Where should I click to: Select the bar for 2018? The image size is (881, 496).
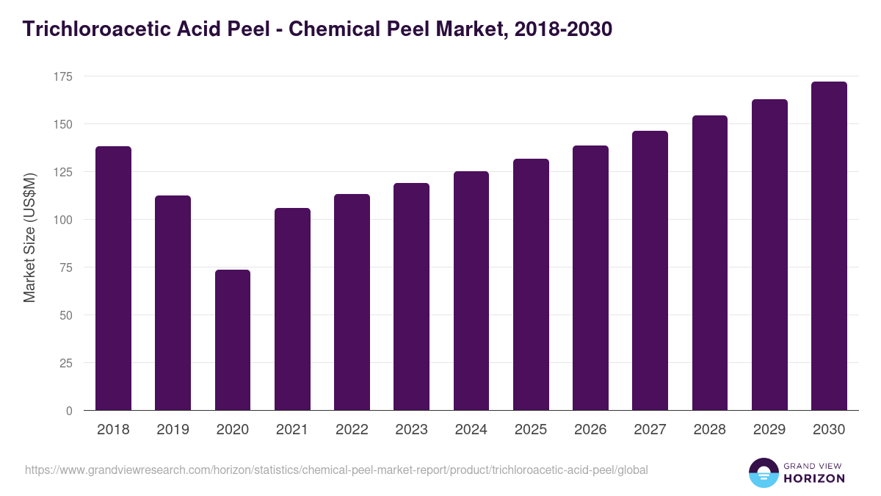coord(113,278)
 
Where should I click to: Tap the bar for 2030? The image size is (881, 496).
coord(829,246)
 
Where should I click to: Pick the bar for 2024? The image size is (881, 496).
coord(471,291)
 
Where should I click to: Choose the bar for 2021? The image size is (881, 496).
coord(292,309)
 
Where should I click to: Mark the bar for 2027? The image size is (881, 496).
coord(650,270)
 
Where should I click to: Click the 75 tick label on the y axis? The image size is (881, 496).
coord(65,267)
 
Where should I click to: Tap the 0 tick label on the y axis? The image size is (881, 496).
coord(69,411)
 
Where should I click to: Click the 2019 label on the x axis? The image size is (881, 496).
coord(173,430)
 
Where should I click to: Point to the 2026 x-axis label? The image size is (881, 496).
coord(590,430)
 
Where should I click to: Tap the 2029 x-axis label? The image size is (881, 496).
coord(769,430)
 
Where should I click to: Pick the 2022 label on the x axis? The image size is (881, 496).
coord(352,430)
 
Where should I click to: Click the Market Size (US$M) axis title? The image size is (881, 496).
coord(29,238)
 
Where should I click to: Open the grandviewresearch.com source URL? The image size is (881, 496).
coord(336,470)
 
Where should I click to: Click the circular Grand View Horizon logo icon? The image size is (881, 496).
coord(764,472)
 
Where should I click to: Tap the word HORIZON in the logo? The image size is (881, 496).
coord(814,478)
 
